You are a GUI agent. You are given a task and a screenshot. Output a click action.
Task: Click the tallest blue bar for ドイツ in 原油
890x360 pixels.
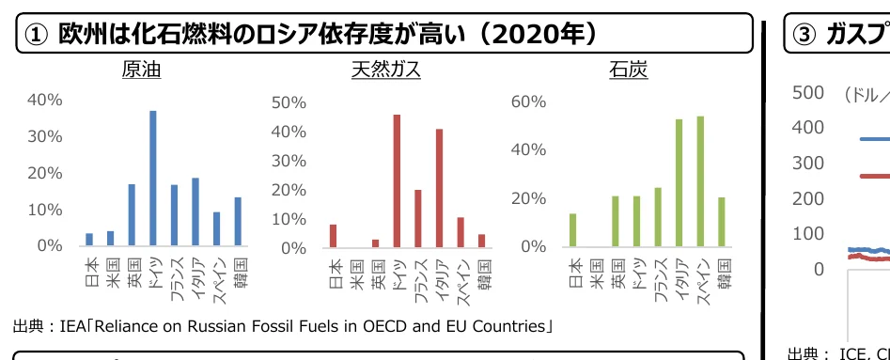pos(153,178)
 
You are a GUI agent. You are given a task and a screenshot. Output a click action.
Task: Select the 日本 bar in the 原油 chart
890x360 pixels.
pos(89,239)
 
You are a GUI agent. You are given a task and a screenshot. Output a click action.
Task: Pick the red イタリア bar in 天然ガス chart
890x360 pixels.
pos(439,188)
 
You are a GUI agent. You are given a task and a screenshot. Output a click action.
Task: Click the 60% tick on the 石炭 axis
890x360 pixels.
pos(529,102)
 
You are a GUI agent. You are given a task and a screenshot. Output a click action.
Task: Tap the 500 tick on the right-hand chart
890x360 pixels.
pos(808,92)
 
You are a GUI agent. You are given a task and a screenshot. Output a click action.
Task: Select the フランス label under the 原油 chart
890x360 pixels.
pos(175,277)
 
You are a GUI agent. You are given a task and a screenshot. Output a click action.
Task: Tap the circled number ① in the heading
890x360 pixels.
pos(36,35)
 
